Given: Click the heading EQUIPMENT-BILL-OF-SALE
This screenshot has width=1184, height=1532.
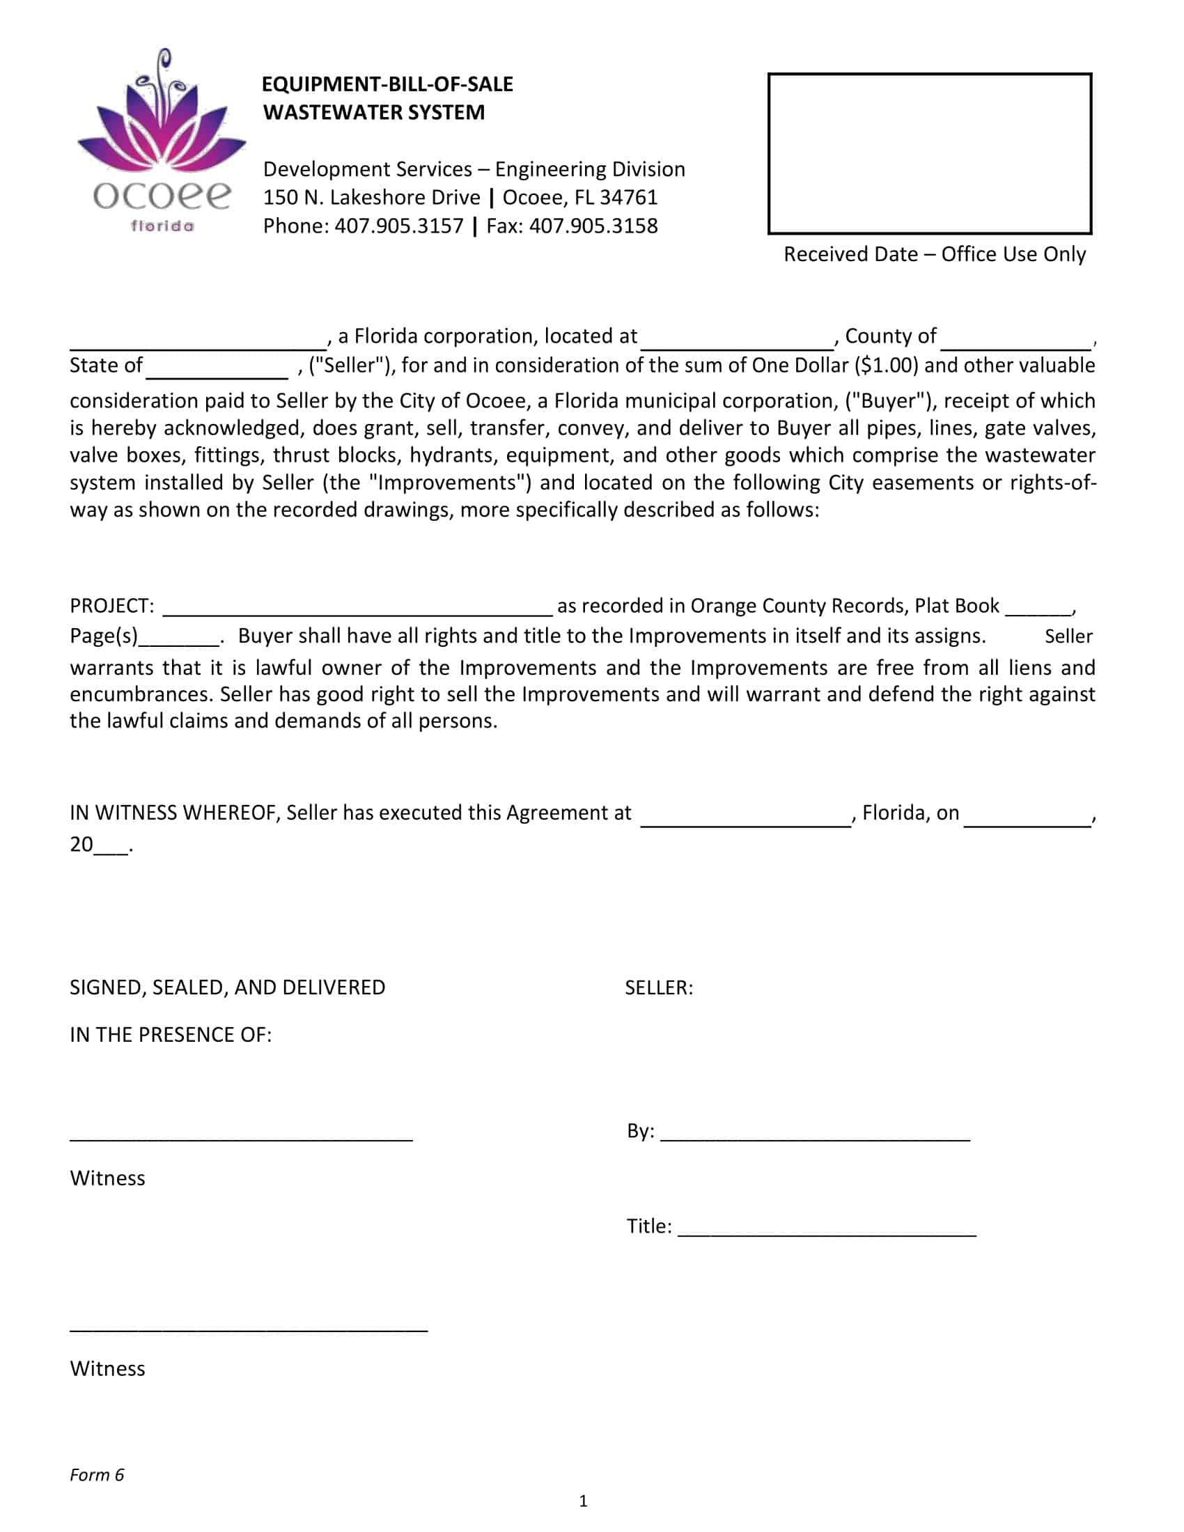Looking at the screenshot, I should (387, 84).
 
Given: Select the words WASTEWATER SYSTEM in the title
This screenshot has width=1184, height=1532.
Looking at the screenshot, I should (374, 112).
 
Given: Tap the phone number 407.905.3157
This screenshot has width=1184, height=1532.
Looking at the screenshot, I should (398, 226).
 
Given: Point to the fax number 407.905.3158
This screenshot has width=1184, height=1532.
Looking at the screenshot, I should (593, 226).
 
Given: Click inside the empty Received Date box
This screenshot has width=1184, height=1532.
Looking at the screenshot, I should (929, 153).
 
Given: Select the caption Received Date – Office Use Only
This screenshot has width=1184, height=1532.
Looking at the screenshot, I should (934, 254).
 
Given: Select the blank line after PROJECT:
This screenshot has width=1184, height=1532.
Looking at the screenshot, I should (358, 608).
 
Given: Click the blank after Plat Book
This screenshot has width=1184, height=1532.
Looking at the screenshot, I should (1038, 608).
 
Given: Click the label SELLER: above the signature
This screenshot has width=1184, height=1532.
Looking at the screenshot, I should (659, 987).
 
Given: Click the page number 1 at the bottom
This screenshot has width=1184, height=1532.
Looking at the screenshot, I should (583, 1501).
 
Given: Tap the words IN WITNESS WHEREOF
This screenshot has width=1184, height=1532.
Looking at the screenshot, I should (175, 812).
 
